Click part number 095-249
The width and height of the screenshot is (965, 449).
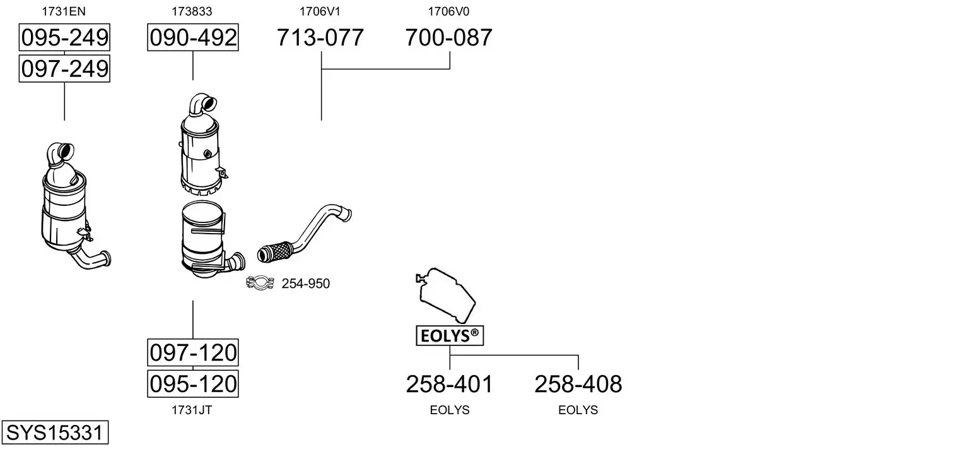tap(64, 37)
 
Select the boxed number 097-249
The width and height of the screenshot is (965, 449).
tap(64, 69)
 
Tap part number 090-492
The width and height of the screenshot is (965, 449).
tap(193, 37)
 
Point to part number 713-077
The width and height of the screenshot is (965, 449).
tap(320, 37)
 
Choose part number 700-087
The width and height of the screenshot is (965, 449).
tap(448, 37)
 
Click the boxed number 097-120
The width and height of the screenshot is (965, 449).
tap(193, 353)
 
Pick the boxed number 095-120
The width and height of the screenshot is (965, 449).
tap(193, 384)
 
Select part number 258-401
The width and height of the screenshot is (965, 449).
tap(449, 384)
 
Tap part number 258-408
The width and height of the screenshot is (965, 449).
tap(578, 384)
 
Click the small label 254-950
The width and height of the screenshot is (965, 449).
tap(305, 284)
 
